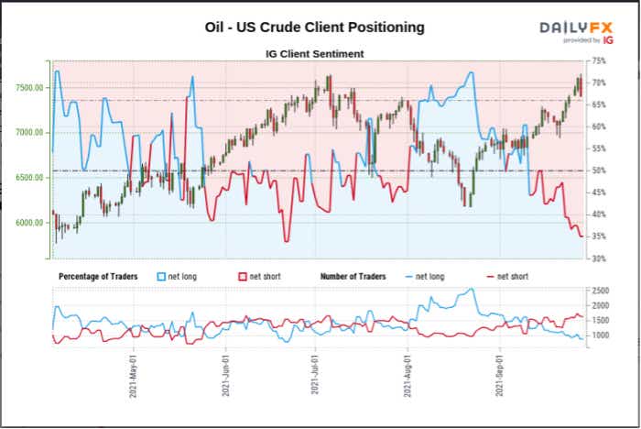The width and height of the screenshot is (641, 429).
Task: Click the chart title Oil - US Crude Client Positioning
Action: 315,27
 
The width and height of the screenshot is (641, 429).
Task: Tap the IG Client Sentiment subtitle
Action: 315,54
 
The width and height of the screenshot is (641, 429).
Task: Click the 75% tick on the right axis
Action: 600,60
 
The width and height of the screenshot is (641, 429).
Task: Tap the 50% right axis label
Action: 600,170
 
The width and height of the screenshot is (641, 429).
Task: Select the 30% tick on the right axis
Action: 600,258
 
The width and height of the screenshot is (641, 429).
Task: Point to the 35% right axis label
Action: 600,236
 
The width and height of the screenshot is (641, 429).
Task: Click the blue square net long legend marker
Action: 161,276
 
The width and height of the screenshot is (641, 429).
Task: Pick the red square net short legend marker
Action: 242,276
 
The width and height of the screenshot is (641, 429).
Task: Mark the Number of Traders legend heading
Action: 353,276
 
